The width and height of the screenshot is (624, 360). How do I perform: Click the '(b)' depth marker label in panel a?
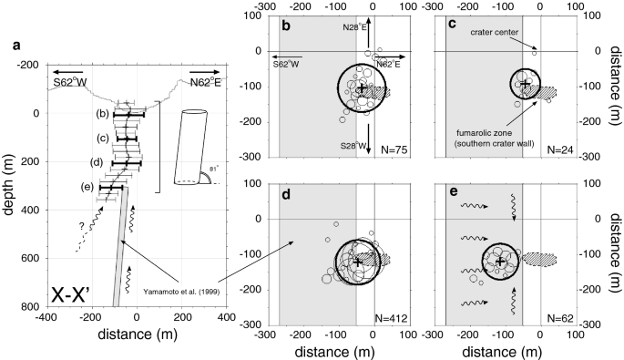(103, 114)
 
